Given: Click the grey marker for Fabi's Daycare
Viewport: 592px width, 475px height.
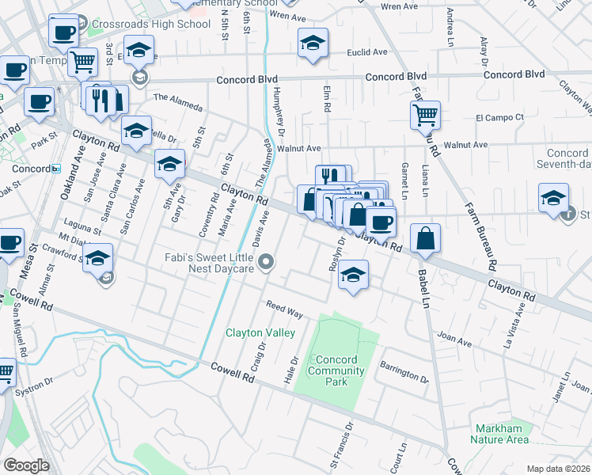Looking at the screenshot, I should (268, 261).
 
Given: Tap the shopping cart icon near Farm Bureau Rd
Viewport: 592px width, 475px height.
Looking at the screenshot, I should (425, 115).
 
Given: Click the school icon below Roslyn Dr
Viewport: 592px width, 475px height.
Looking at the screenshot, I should (354, 275).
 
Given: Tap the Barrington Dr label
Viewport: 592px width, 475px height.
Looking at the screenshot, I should (403, 372).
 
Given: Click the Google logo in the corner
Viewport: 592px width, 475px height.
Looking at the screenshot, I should (26, 465).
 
